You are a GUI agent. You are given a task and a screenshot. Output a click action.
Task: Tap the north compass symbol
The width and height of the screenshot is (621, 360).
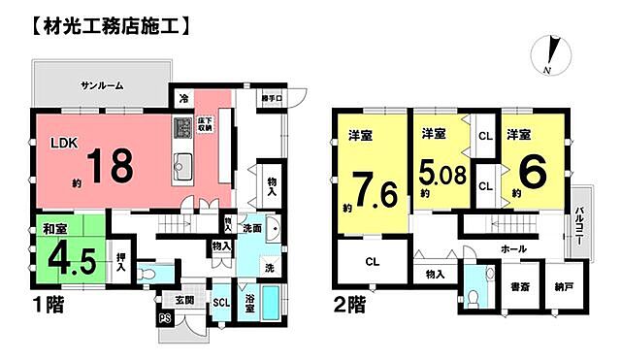(x=550, y=54)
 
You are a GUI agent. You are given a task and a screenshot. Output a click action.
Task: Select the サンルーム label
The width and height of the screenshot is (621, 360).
(x=101, y=85)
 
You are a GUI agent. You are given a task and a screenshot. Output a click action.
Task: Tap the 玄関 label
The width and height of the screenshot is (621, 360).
(x=184, y=299)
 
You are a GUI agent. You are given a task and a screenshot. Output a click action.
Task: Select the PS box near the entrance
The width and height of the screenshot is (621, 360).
(x=164, y=316)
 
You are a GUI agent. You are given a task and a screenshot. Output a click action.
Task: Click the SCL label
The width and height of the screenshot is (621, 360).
(x=220, y=302)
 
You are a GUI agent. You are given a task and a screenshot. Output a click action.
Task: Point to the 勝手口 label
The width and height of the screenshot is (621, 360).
(x=271, y=98)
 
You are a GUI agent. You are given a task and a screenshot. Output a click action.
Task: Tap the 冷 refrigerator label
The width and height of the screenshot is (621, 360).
(x=183, y=98)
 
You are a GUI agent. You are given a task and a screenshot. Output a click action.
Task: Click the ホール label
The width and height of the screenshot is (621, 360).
(x=513, y=249)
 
